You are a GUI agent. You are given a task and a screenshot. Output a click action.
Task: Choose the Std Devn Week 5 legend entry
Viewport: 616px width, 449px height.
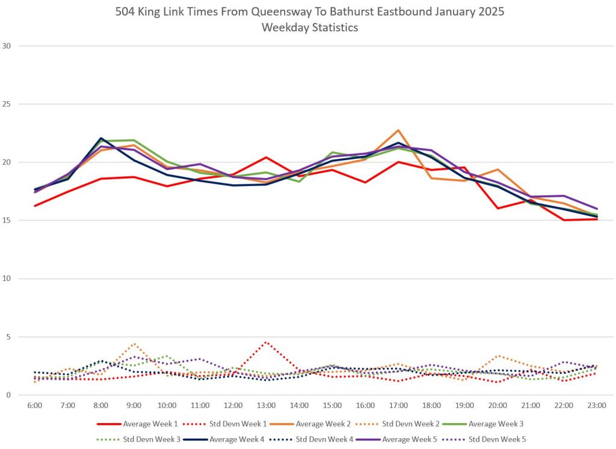click(x=497, y=439)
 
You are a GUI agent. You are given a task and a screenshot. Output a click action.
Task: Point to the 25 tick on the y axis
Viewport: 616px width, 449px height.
click(x=7, y=104)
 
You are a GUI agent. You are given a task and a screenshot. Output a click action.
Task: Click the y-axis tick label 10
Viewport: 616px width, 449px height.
click(x=7, y=279)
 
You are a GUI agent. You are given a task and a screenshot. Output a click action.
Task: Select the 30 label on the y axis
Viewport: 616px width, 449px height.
click(x=7, y=46)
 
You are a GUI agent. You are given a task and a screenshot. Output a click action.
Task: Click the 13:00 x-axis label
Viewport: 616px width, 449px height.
click(x=266, y=406)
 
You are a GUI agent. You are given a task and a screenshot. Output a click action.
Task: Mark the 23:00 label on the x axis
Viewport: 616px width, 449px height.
click(x=597, y=406)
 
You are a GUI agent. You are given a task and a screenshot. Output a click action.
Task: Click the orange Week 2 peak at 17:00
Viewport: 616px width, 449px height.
click(x=398, y=130)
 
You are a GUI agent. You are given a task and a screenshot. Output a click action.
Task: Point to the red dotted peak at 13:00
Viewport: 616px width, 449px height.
click(x=266, y=342)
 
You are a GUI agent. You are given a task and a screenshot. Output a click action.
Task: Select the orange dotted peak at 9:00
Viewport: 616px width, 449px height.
click(x=134, y=344)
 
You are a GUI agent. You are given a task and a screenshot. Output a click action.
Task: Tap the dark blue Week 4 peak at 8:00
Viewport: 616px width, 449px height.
click(x=101, y=138)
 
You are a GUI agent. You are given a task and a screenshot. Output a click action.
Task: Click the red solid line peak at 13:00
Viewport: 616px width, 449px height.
click(x=266, y=158)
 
